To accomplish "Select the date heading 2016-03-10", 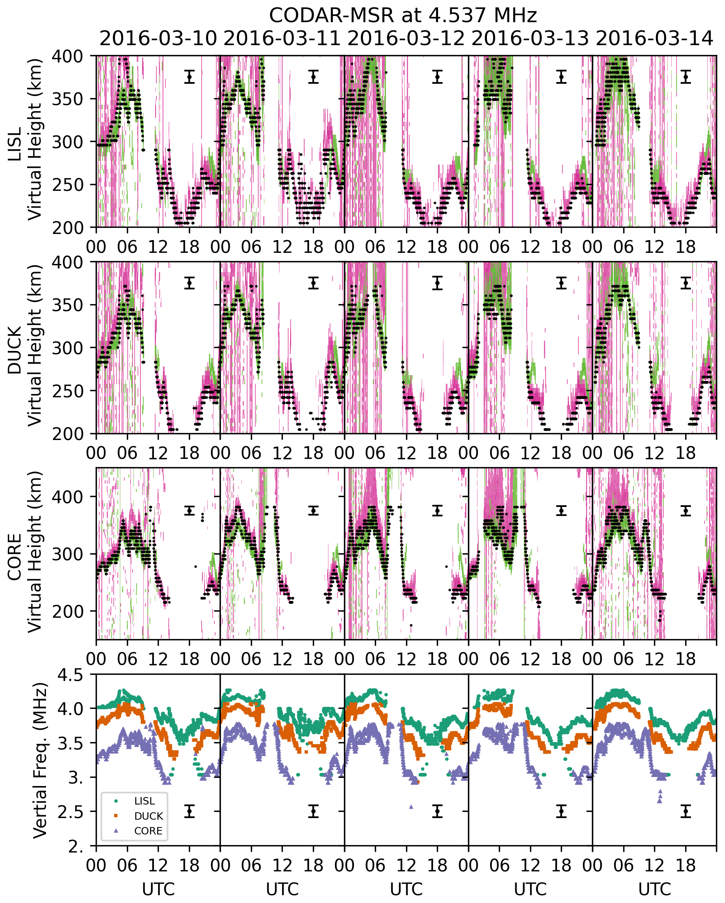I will coord(158,39).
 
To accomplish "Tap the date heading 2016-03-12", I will coord(406,39).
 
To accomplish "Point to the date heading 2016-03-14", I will coord(654,39).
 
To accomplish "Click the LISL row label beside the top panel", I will coord(15,144).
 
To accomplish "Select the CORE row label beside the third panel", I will coord(15,557).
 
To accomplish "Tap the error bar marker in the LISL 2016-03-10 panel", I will coord(189,77).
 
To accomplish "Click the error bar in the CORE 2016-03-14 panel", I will coord(686,511).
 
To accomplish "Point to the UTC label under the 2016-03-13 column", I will coord(530,889).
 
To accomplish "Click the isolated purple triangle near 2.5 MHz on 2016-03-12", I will coord(411,807).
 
